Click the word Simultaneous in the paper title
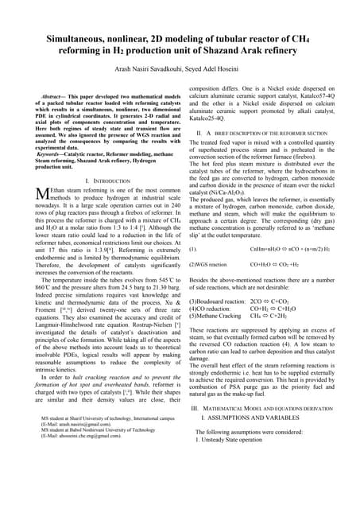[74, 38]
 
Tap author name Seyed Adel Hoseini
[223, 70]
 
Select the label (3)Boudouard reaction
[215, 302]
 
